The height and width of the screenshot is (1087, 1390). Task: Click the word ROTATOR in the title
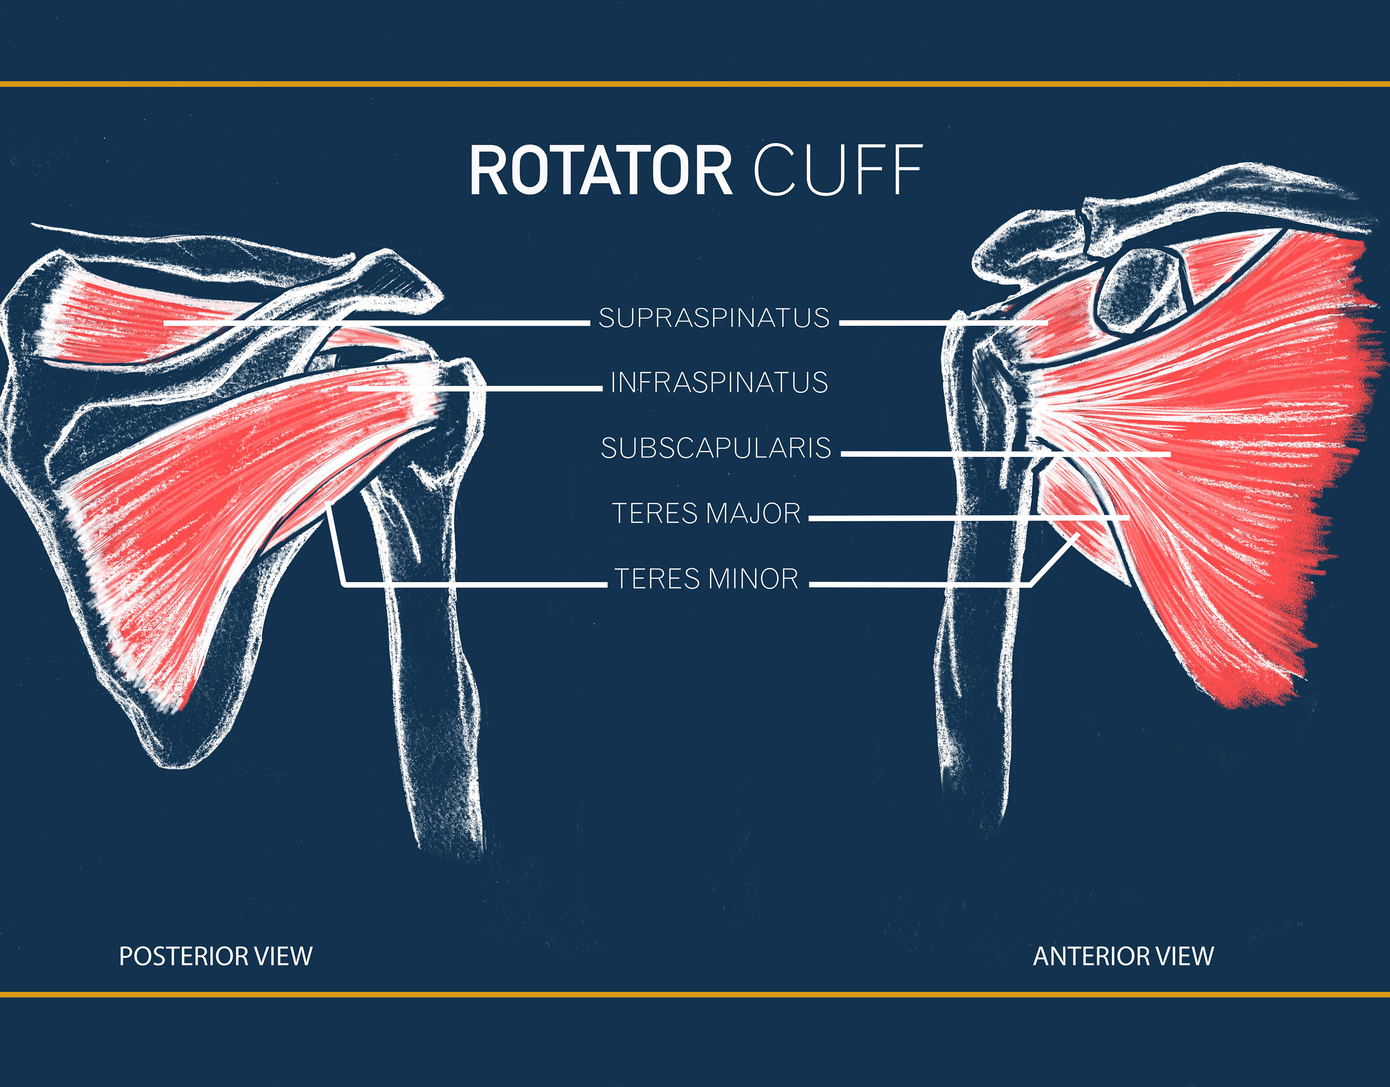pyautogui.click(x=601, y=170)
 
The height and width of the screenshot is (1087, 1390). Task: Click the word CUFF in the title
pyautogui.click(x=838, y=170)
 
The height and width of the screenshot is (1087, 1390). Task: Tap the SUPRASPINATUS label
pyautogui.click(x=714, y=317)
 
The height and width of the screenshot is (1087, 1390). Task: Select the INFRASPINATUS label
pyautogui.click(x=719, y=382)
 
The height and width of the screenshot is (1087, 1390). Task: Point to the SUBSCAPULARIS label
pyautogui.click(x=716, y=448)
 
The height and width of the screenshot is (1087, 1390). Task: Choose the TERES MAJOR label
pyautogui.click(x=706, y=513)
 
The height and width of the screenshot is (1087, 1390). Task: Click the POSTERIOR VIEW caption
pyautogui.click(x=216, y=956)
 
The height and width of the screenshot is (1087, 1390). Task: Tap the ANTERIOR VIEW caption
pyautogui.click(x=1123, y=956)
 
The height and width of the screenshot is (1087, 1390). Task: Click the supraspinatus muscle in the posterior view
pyautogui.click(x=121, y=321)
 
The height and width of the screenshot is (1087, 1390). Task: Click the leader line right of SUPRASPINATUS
pyautogui.click(x=942, y=323)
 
